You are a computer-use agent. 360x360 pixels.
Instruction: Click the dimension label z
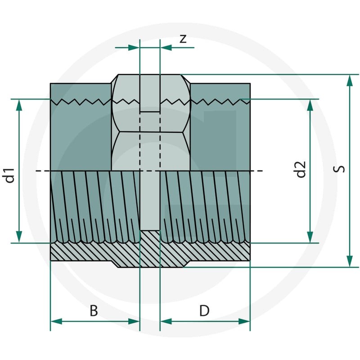pyautogui.click(x=183, y=39)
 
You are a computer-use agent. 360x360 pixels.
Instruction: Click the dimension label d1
pyautogui.click(x=10, y=175)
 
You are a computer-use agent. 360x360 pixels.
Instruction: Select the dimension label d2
pyautogui.click(x=301, y=170)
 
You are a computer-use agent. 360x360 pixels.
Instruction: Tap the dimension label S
pyautogui.click(x=339, y=169)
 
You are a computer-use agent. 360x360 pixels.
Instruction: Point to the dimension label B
pyautogui.click(x=94, y=311)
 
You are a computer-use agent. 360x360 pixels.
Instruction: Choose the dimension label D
pyautogui.click(x=204, y=311)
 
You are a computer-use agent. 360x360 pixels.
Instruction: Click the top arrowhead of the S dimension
pyautogui.click(x=350, y=81)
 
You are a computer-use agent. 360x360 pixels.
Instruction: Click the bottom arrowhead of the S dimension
pyautogui.click(x=350, y=261)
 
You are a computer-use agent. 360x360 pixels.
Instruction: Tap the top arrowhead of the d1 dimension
pyautogui.click(x=19, y=105)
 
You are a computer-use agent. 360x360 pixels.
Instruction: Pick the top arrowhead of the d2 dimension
pyautogui.click(x=310, y=105)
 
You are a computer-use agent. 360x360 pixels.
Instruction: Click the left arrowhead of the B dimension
pyautogui.click(x=56, y=321)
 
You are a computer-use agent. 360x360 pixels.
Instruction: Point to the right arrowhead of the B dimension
pyautogui.click(x=134, y=321)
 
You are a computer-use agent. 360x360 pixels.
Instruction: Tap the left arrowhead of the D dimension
pyautogui.click(x=166, y=321)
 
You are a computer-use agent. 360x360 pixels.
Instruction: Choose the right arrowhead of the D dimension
pyautogui.click(x=244, y=321)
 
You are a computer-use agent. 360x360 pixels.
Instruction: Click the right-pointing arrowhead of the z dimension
pyautogui.click(x=134, y=48)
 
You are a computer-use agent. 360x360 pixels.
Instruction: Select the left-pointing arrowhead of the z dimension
pyautogui.click(x=166, y=48)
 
